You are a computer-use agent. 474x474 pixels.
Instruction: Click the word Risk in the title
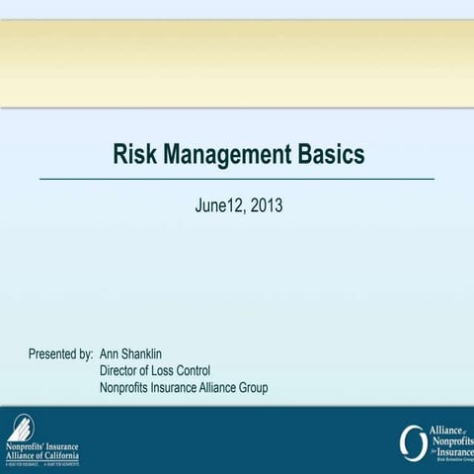point(133,156)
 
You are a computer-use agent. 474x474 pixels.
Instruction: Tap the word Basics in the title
point(327,156)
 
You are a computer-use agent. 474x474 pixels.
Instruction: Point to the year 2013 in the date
point(268,206)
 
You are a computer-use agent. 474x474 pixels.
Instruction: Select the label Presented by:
point(61,353)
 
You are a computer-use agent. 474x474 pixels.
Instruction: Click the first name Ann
point(112,353)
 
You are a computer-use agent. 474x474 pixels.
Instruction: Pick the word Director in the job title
point(122,370)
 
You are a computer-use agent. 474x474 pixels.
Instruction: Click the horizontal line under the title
point(237,179)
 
